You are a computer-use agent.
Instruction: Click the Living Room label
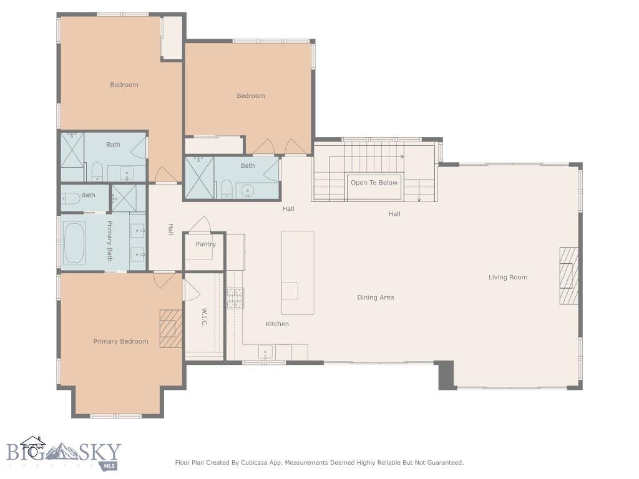tap(508, 278)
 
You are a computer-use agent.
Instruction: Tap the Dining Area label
tap(375, 298)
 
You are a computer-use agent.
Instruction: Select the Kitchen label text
tap(277, 324)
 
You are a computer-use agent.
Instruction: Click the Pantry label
tap(205, 244)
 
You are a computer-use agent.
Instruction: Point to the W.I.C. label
tap(204, 317)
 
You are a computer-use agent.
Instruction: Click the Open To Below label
tap(374, 183)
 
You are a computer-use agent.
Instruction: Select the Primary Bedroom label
tap(120, 341)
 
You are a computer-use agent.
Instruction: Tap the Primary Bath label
tap(110, 241)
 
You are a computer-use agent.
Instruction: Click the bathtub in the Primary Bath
tap(74, 243)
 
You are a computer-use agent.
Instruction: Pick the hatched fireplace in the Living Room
tap(568, 275)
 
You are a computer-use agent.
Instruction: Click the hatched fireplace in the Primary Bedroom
tap(171, 329)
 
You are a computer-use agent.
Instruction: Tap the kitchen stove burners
tap(235, 298)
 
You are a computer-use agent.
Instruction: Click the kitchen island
tap(298, 273)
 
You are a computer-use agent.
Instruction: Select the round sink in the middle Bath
tap(247, 191)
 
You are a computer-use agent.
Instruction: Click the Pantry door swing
tap(200, 224)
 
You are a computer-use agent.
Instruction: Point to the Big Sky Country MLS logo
tap(64, 453)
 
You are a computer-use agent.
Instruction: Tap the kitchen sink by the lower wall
tap(265, 352)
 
